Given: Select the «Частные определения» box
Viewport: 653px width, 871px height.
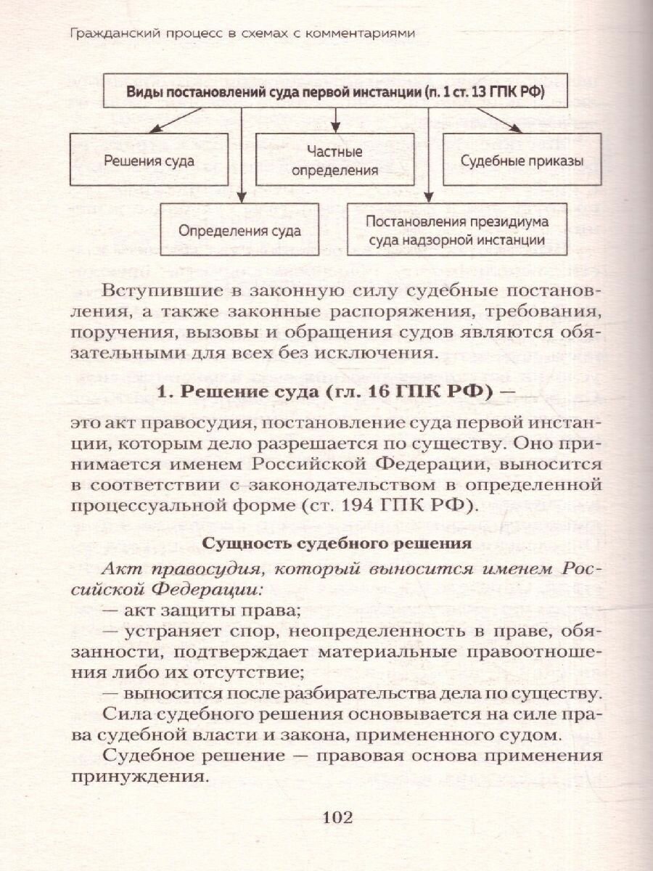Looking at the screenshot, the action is (334, 161).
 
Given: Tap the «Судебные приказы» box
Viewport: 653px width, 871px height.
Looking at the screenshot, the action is (522, 161).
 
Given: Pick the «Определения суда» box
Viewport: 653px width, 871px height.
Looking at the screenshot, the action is (240, 232).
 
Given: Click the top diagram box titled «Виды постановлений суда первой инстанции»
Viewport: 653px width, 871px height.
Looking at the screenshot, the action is (336, 93).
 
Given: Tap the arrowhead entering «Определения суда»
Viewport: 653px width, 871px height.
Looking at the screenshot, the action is (242, 197).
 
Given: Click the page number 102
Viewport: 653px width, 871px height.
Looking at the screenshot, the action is (336, 819).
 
